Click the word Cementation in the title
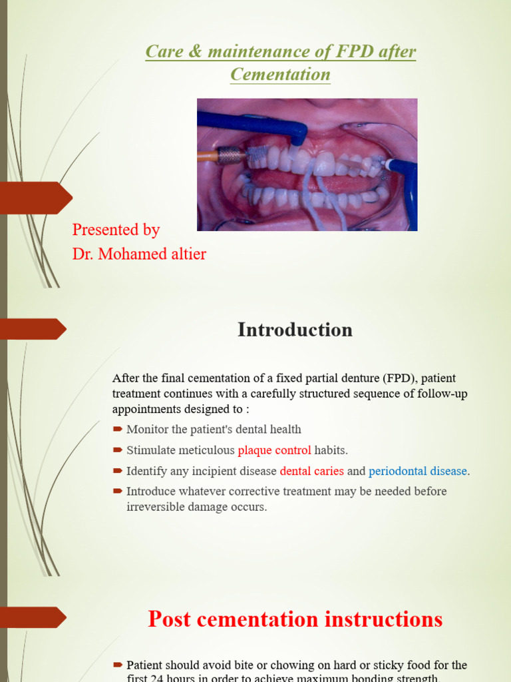280,74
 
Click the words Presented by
116,230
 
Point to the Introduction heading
295,330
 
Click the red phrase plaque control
274,450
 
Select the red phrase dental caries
311,471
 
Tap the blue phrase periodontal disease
418,471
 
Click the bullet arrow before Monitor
118,430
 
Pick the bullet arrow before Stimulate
118,450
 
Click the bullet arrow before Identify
118,471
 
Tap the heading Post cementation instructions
295,619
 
